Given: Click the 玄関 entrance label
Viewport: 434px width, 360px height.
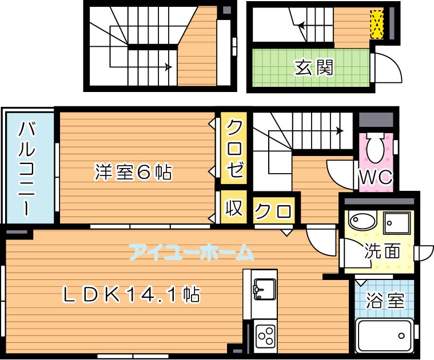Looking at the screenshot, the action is [313, 68].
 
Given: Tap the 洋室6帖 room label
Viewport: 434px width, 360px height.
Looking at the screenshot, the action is [133, 171].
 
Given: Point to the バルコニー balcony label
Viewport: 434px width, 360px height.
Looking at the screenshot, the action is [27, 169].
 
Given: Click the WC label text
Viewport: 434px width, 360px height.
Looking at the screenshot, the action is [376, 177].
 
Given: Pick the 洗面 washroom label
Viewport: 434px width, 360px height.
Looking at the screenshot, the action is [382, 250].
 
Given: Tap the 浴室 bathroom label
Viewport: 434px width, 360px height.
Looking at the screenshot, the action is [385, 300].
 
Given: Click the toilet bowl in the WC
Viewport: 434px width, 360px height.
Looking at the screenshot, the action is [376, 148].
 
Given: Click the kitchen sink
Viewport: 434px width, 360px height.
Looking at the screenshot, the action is [265, 289].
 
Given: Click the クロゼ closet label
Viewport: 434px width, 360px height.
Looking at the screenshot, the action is [234, 149].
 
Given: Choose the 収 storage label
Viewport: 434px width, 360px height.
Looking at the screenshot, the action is [234, 207].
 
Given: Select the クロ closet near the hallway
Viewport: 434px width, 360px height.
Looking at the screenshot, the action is [273, 211].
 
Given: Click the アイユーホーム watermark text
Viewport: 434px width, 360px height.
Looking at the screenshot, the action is [192, 253].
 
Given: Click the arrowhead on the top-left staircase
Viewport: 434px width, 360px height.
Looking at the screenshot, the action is [168, 67].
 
